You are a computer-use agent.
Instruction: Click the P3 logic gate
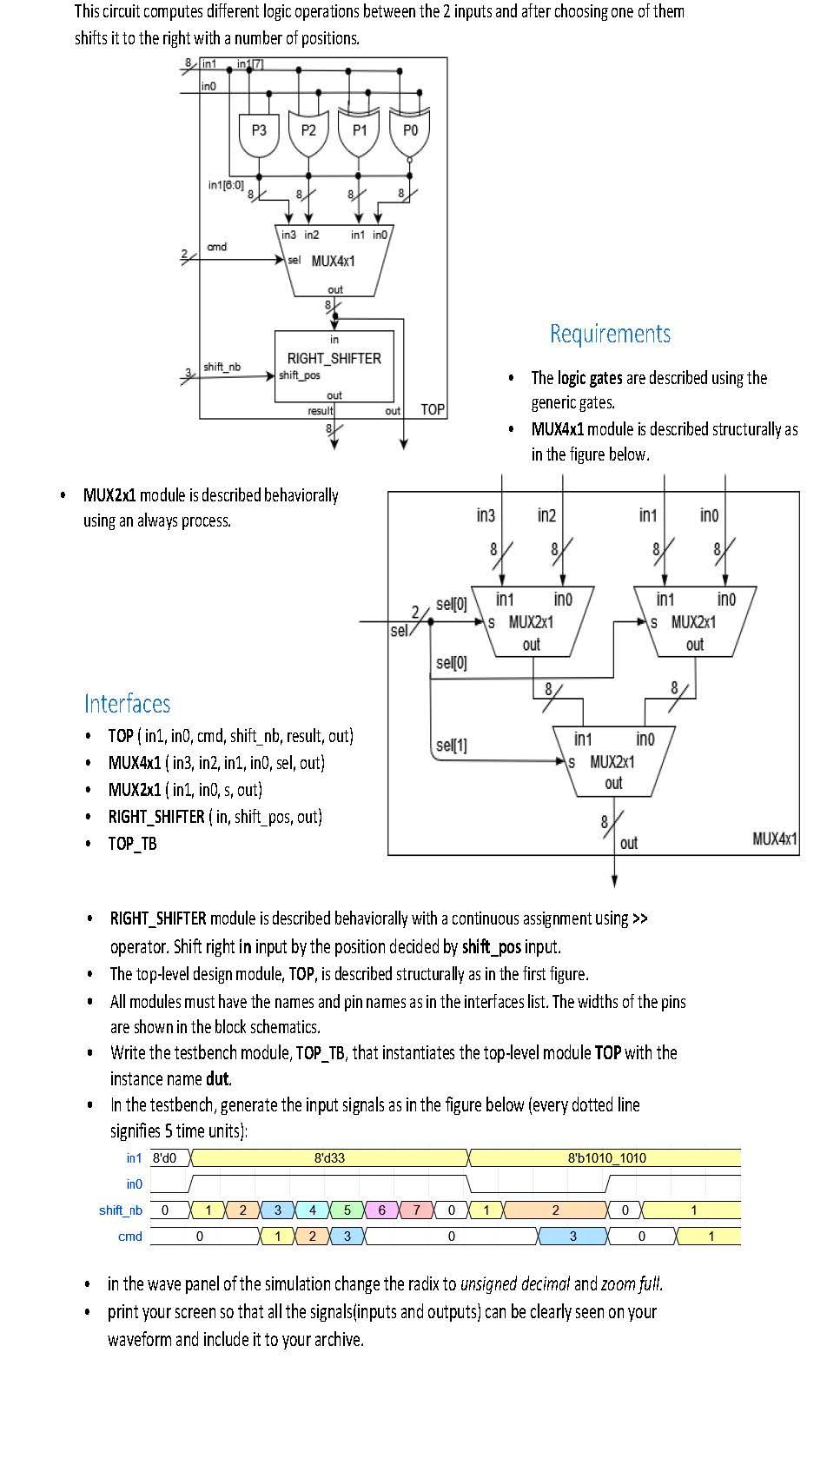[x=259, y=133]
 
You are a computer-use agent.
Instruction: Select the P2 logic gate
[x=308, y=133]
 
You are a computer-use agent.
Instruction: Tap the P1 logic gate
[x=360, y=133]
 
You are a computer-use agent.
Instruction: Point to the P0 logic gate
[x=410, y=133]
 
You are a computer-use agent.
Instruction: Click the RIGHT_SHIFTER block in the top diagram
[x=334, y=366]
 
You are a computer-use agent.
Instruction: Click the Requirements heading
[x=610, y=334]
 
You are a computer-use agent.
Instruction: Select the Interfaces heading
[x=127, y=703]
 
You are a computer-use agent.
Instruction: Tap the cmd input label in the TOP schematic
[x=217, y=247]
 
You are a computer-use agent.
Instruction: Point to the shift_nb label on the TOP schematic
[x=222, y=367]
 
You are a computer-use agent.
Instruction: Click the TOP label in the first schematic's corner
[x=433, y=409]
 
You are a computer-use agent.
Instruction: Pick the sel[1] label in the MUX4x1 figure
[x=452, y=746]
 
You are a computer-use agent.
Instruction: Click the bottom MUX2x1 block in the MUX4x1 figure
[x=613, y=761]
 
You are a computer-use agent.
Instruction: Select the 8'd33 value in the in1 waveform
[x=329, y=1157]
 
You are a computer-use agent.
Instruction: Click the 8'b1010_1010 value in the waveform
[x=606, y=1157]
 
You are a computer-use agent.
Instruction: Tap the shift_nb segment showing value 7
[x=417, y=1210]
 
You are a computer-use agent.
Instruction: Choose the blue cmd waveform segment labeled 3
[x=572, y=1236]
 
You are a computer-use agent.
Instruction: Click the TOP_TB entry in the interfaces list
[x=132, y=843]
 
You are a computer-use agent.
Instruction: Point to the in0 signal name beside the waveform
[x=134, y=1184]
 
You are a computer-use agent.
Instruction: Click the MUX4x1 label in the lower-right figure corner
[x=774, y=839]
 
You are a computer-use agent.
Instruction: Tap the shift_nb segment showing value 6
[x=382, y=1210]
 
